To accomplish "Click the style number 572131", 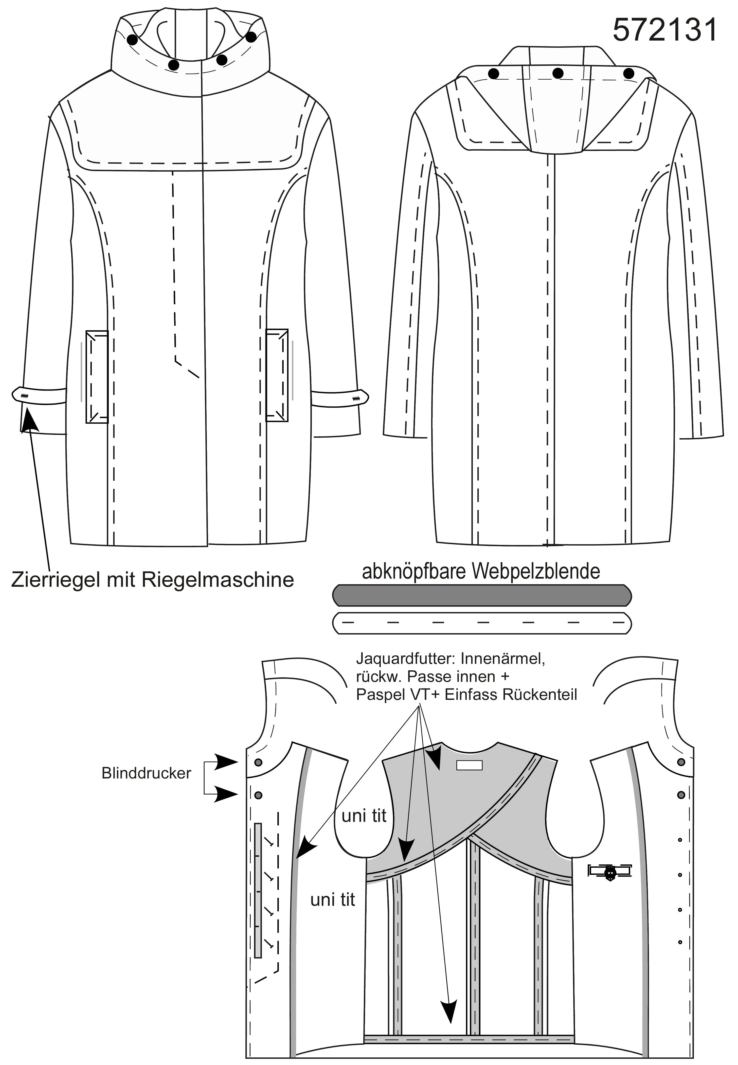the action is click(x=664, y=30).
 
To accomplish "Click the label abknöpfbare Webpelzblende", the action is click(x=481, y=572).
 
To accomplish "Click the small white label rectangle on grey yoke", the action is click(x=469, y=766).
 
